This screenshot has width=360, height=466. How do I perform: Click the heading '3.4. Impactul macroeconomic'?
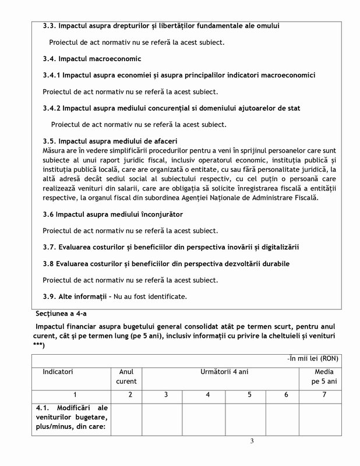point(92,59)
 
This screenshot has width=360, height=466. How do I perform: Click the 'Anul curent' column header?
point(126,376)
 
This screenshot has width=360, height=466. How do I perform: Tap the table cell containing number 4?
point(207,395)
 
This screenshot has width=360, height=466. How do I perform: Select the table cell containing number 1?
point(75,395)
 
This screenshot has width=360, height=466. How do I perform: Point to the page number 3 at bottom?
point(252,440)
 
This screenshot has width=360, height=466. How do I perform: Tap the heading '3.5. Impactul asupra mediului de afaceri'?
point(110,142)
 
